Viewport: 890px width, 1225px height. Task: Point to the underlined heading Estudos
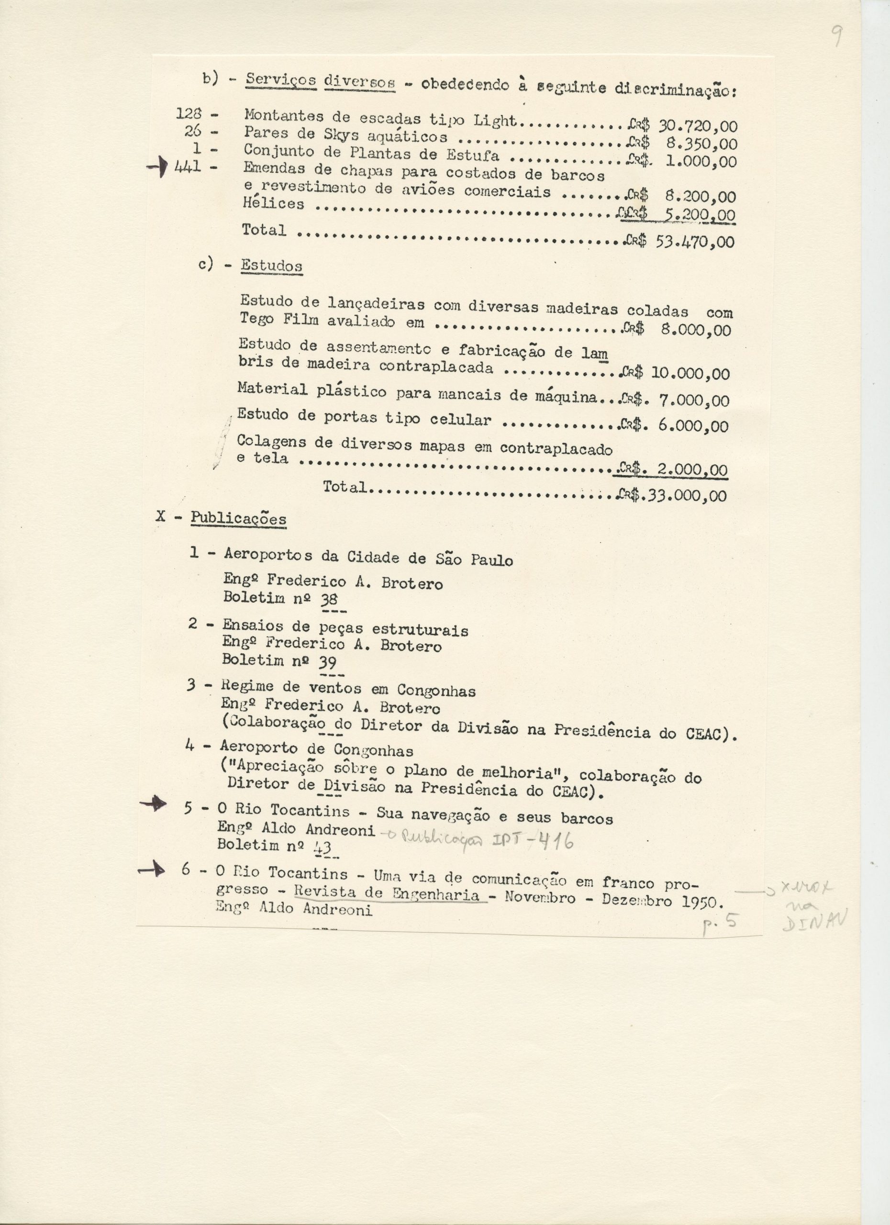pyautogui.click(x=271, y=266)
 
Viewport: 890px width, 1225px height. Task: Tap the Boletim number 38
pyautogui.click(x=329, y=599)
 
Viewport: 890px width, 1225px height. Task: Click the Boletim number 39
pyautogui.click(x=328, y=661)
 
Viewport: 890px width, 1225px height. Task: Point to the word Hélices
pyautogui.click(x=273, y=204)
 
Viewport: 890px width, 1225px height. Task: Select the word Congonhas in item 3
pyautogui.click(x=436, y=690)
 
